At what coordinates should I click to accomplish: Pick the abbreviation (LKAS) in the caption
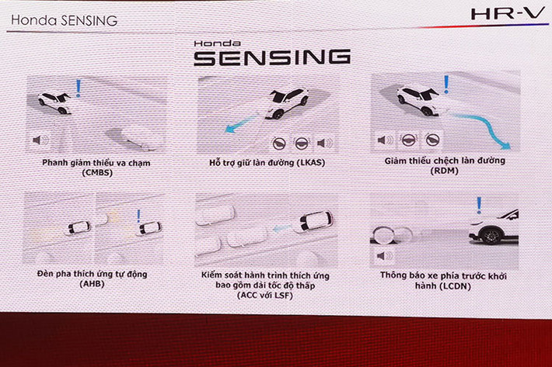[320, 162]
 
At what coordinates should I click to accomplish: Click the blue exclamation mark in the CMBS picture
[78, 88]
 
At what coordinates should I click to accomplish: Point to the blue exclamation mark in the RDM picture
[445, 84]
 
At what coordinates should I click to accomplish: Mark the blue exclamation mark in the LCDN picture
[479, 204]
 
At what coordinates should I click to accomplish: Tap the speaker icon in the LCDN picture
[382, 255]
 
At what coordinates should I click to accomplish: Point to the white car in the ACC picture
[316, 222]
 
